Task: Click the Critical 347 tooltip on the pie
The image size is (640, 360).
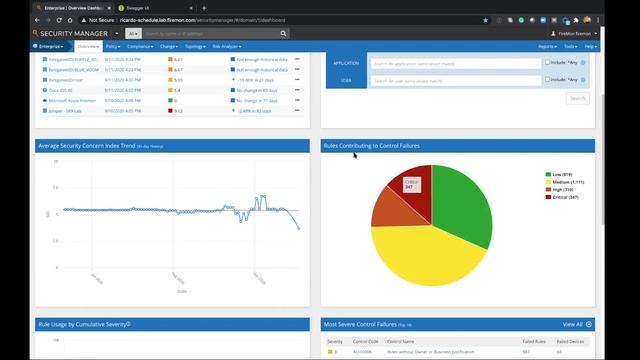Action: click(x=410, y=184)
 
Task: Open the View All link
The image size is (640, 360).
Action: click(x=574, y=324)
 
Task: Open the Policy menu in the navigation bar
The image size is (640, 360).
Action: click(x=113, y=46)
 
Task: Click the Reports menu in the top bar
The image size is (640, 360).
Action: click(x=547, y=46)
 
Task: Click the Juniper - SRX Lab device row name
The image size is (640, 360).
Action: click(x=65, y=112)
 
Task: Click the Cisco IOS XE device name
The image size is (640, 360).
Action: click(x=62, y=90)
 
